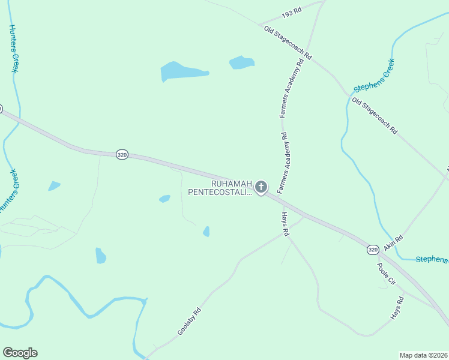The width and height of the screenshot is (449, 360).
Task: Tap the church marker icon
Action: coord(261,187)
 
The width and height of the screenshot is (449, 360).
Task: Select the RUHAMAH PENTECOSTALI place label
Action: coord(220,188)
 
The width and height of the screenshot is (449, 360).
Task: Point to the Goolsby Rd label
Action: coord(188,321)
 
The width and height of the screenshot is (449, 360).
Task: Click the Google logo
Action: coord(20,353)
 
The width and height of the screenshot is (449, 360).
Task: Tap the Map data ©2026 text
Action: coord(423,355)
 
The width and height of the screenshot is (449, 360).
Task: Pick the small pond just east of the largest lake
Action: coord(242,62)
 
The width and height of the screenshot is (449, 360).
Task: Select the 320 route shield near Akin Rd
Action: coord(372,248)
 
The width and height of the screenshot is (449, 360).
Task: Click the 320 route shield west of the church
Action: coord(122,154)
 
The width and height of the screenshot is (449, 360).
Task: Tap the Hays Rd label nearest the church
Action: coord(286,224)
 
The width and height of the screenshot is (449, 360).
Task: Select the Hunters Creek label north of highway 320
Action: coord(12,49)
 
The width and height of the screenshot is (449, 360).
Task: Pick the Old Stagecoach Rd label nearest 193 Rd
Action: coord(288,41)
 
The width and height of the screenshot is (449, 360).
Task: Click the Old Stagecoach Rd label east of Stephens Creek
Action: coord(375,115)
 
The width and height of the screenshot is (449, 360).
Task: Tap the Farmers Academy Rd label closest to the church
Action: coord(283,158)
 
